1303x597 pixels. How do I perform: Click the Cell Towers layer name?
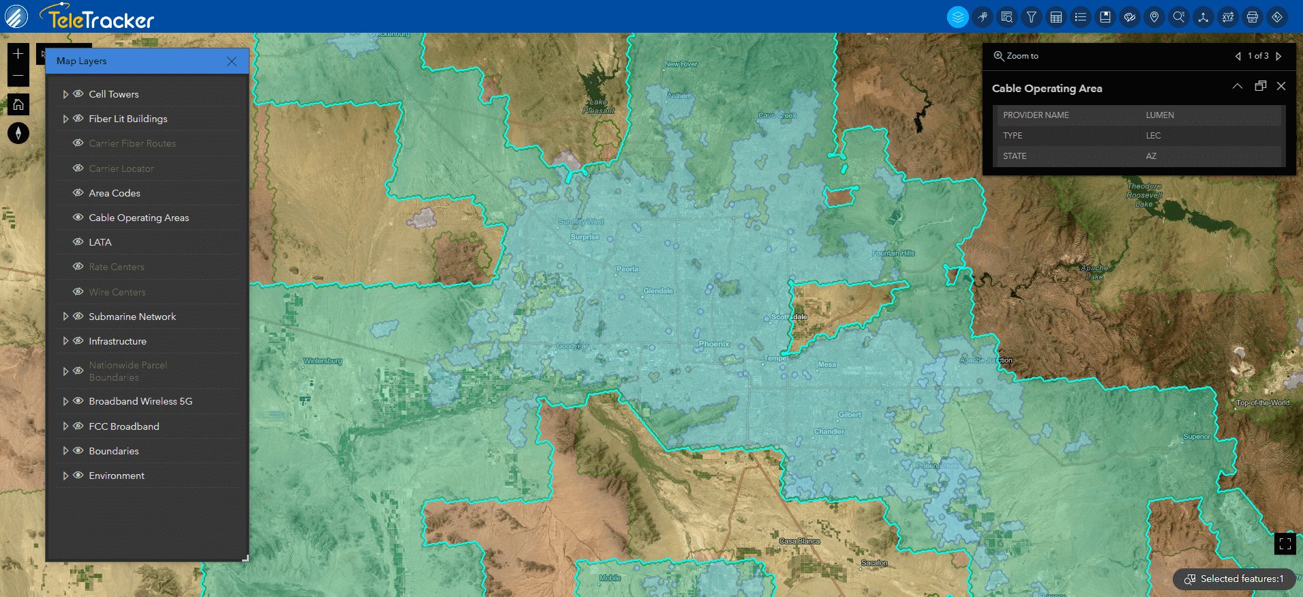point(113,94)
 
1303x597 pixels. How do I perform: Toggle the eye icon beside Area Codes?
point(78,193)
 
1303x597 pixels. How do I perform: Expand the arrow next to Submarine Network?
point(65,317)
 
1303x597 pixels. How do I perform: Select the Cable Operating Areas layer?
point(138,218)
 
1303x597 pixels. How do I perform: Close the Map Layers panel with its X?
point(232,61)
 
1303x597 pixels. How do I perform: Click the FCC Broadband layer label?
point(123,426)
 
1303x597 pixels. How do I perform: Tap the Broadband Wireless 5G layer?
point(140,401)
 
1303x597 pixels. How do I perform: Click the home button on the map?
point(18,104)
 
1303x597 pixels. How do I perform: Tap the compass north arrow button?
point(18,133)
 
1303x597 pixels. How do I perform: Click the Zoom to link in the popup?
point(1016,56)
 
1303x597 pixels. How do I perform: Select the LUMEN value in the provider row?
point(1160,115)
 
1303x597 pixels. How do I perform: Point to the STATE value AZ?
point(1151,156)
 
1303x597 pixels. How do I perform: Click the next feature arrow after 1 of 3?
point(1278,56)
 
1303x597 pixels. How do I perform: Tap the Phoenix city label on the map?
point(714,344)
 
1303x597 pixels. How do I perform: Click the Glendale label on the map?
point(658,291)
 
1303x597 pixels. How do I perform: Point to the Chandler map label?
point(829,431)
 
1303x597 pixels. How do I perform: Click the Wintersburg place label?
point(323,361)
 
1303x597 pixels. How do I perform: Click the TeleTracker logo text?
point(101,18)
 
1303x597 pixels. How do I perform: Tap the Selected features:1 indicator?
point(1234,579)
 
